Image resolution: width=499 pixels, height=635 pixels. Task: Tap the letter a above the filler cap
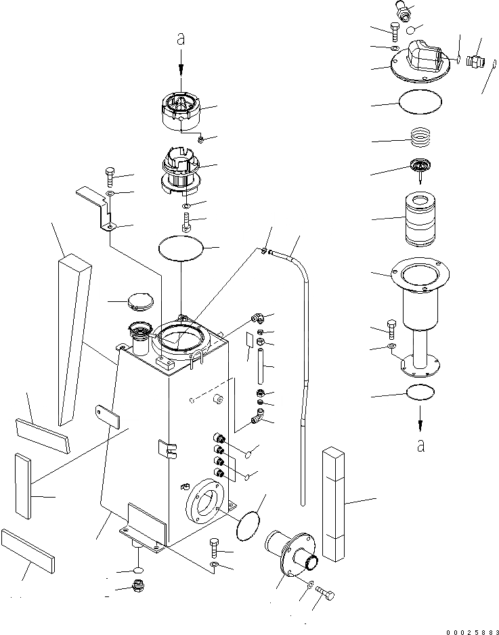pyautogui.click(x=181, y=40)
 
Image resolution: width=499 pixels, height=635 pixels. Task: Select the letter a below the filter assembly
pyautogui.click(x=421, y=445)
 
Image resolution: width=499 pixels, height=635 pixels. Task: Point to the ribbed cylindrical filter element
pyautogui.click(x=421, y=220)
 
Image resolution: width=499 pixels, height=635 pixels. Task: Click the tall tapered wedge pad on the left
pyautogui.click(x=73, y=338)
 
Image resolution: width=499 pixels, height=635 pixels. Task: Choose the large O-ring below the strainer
pyautogui.click(x=181, y=248)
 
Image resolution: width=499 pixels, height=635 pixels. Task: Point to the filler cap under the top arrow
pyautogui.click(x=181, y=110)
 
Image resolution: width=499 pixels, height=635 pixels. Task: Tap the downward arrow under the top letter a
pyautogui.click(x=181, y=68)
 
